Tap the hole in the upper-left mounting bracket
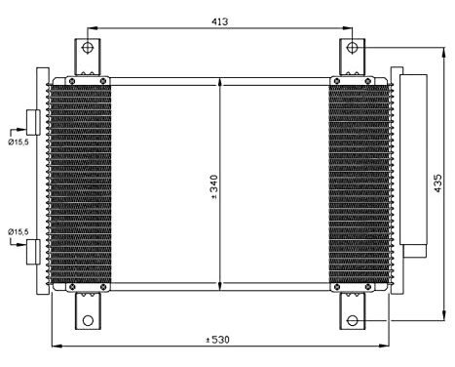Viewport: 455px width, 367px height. click(x=88, y=48)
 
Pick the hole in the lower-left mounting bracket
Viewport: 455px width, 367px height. click(x=88, y=320)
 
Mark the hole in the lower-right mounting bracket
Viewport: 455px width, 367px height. click(x=352, y=319)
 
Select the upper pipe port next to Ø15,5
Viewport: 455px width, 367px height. click(x=33, y=122)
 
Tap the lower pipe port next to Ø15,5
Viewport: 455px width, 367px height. click(x=33, y=251)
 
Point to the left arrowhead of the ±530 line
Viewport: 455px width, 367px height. click(x=55, y=347)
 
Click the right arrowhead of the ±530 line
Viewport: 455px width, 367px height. click(x=386, y=347)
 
